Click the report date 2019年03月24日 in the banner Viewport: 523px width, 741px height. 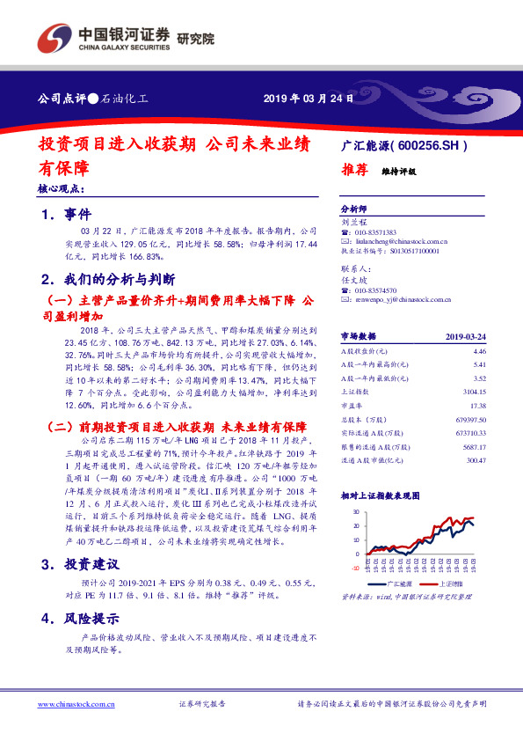coord(309,99)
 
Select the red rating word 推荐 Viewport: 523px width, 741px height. coord(354,171)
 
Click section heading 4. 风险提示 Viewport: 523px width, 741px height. coord(86,619)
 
